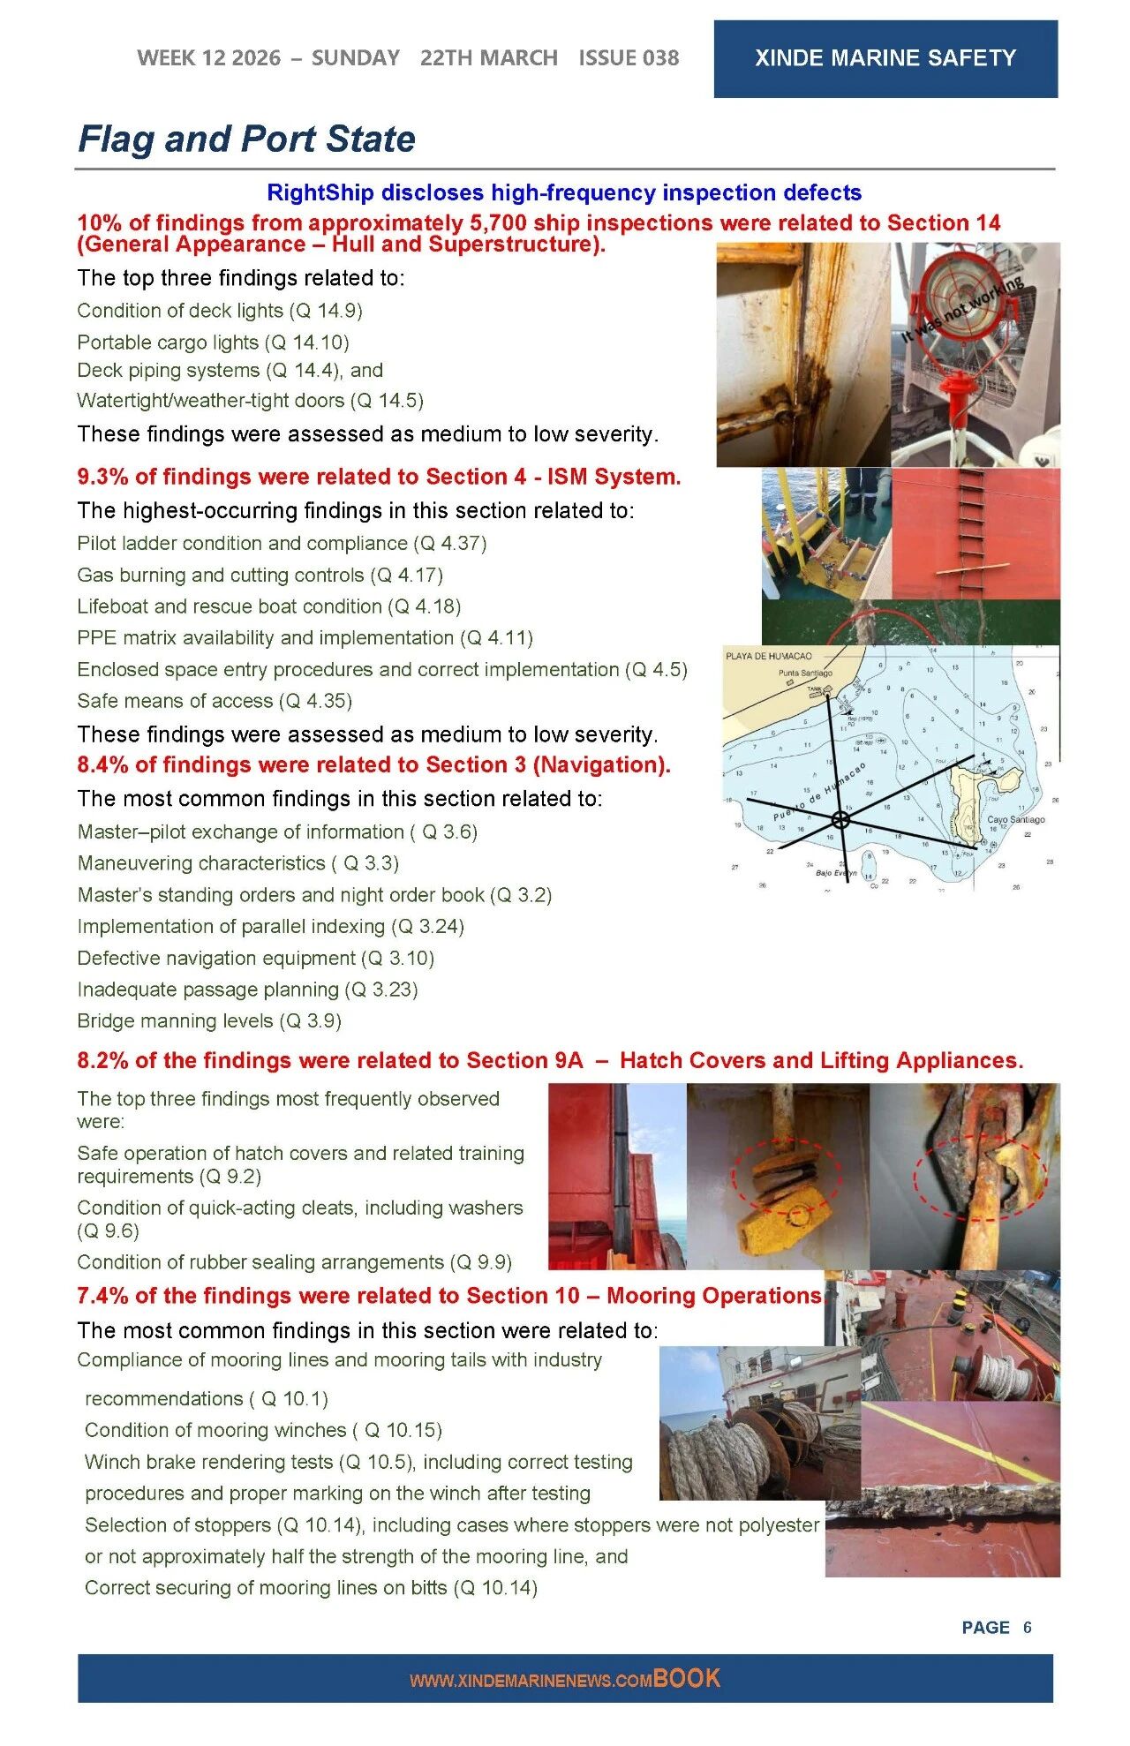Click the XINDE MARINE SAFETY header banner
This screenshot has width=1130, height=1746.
885,58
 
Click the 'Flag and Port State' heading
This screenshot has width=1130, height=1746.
246,139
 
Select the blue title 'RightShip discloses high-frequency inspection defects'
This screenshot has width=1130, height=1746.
563,192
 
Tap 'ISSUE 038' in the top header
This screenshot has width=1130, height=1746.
629,58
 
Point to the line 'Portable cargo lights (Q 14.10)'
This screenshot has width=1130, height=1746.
213,342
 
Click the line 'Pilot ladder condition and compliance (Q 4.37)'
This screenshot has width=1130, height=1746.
282,543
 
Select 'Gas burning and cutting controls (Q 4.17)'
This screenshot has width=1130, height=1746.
260,575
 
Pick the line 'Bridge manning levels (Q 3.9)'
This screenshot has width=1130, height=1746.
208,1020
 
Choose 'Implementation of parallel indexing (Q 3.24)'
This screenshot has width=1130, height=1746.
270,926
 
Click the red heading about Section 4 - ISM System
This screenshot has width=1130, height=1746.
379,477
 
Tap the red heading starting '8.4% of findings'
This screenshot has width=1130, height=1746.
373,764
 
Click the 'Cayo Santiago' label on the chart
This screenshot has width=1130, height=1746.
1015,819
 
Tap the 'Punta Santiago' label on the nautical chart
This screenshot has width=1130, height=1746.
804,673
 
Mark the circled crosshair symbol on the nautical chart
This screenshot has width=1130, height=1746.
840,820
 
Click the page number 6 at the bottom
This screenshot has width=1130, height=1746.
1027,1627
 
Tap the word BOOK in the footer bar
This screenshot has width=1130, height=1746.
687,1678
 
